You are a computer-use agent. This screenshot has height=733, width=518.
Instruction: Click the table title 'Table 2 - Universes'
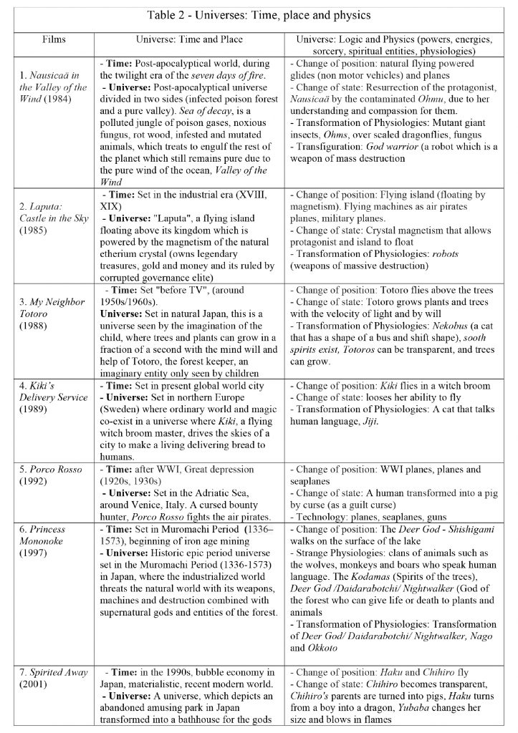(x=259, y=14)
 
